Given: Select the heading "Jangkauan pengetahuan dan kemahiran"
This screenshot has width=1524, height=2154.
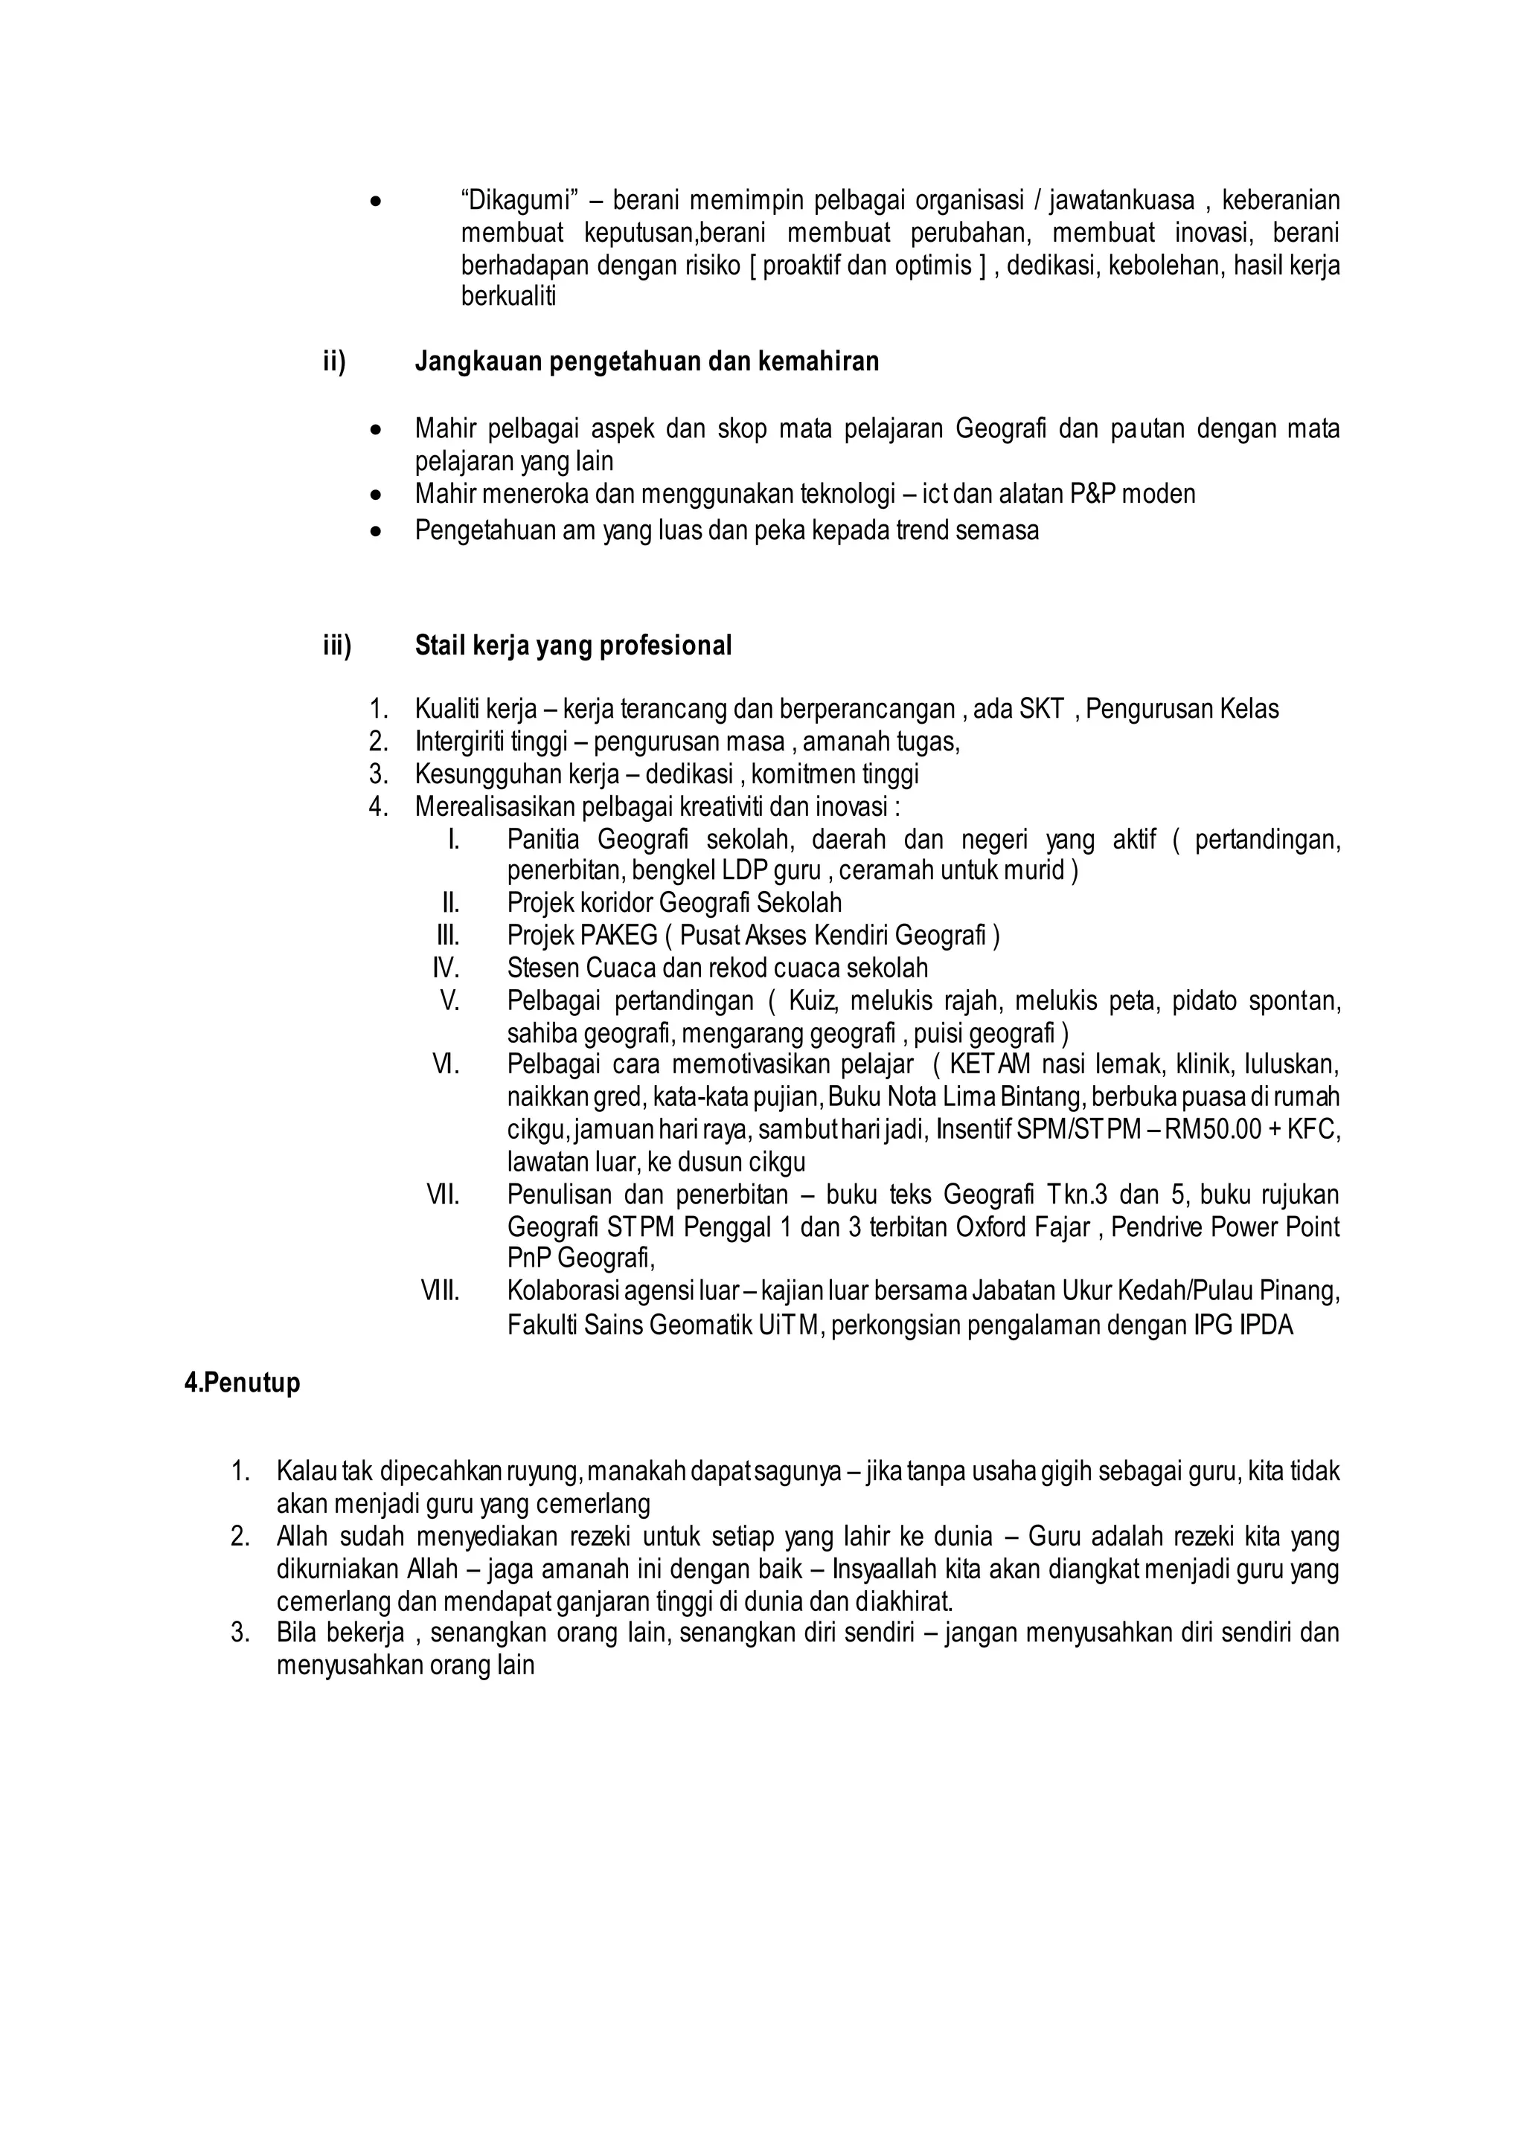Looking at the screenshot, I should pos(647,361).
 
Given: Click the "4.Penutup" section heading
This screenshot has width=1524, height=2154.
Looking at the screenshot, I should pos(242,1383).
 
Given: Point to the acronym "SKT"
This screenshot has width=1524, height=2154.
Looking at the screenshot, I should pos(1041,710).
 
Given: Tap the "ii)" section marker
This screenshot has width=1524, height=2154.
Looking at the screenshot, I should pos(334,361).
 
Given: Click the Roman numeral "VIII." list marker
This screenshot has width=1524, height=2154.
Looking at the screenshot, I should pos(439,1292).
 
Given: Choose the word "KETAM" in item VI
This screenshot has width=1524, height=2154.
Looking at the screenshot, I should pos(990,1065).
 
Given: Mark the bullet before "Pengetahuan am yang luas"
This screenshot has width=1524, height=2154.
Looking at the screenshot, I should pos(377,531).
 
